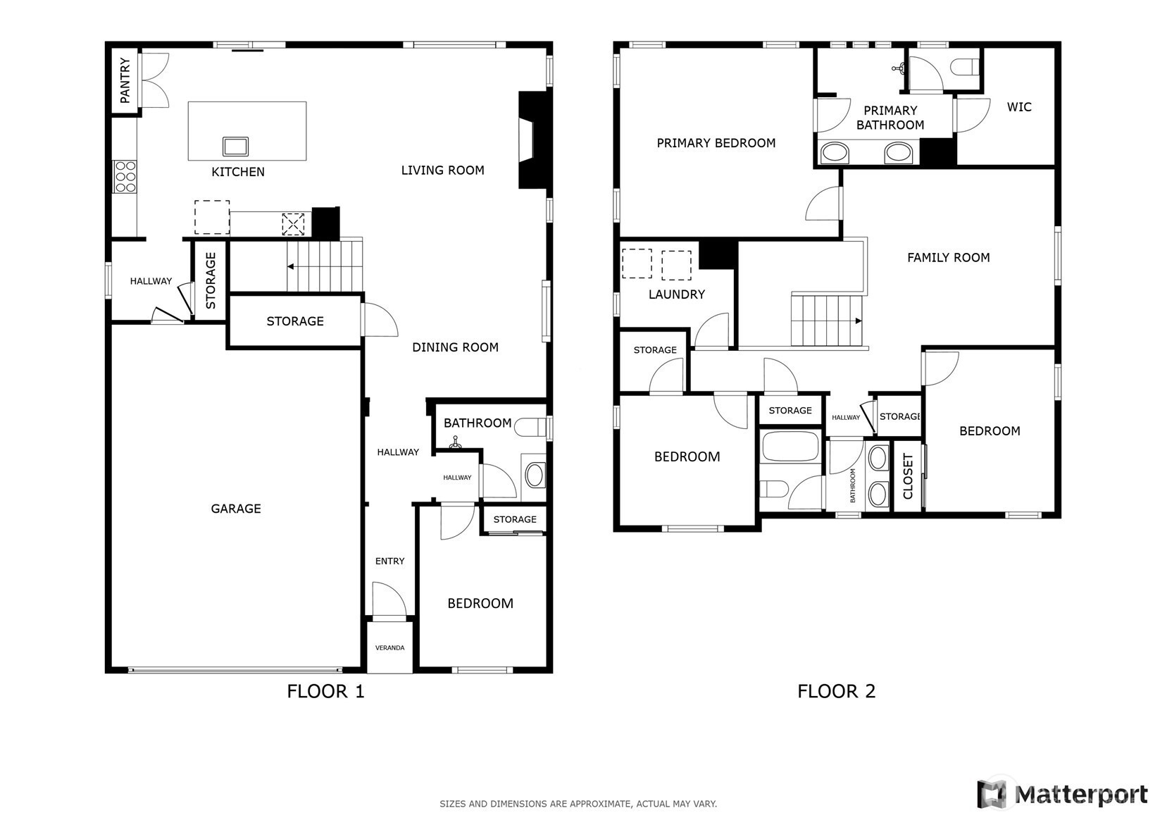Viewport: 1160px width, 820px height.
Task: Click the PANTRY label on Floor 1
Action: coord(125,80)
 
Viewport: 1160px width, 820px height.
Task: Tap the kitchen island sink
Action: coord(236,147)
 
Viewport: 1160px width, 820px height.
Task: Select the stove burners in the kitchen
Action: coord(125,177)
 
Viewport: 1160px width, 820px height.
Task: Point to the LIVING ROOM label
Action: coord(443,170)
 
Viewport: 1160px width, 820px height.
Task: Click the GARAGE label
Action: coord(236,509)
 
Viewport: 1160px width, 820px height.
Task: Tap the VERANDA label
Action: coord(390,647)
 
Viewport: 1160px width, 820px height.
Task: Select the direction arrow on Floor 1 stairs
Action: coord(291,267)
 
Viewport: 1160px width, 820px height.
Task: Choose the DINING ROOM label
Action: coord(455,347)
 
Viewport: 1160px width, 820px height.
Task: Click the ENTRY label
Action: coord(390,561)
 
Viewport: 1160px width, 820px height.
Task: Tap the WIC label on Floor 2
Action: coord(1019,107)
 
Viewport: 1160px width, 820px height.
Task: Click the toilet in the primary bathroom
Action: coord(964,67)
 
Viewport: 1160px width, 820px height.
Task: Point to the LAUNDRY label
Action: coord(677,294)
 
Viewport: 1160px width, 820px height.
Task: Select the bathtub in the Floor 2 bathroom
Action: coord(790,446)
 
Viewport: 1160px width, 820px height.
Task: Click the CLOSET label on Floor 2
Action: coord(908,476)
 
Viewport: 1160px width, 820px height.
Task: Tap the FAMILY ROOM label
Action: coord(948,257)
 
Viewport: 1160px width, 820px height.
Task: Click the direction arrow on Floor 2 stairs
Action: coord(858,321)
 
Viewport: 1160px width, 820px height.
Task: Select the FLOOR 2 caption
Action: coord(836,692)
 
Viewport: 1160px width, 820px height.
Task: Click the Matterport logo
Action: coord(1062,794)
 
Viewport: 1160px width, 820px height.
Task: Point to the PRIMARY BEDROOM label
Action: coord(716,143)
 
